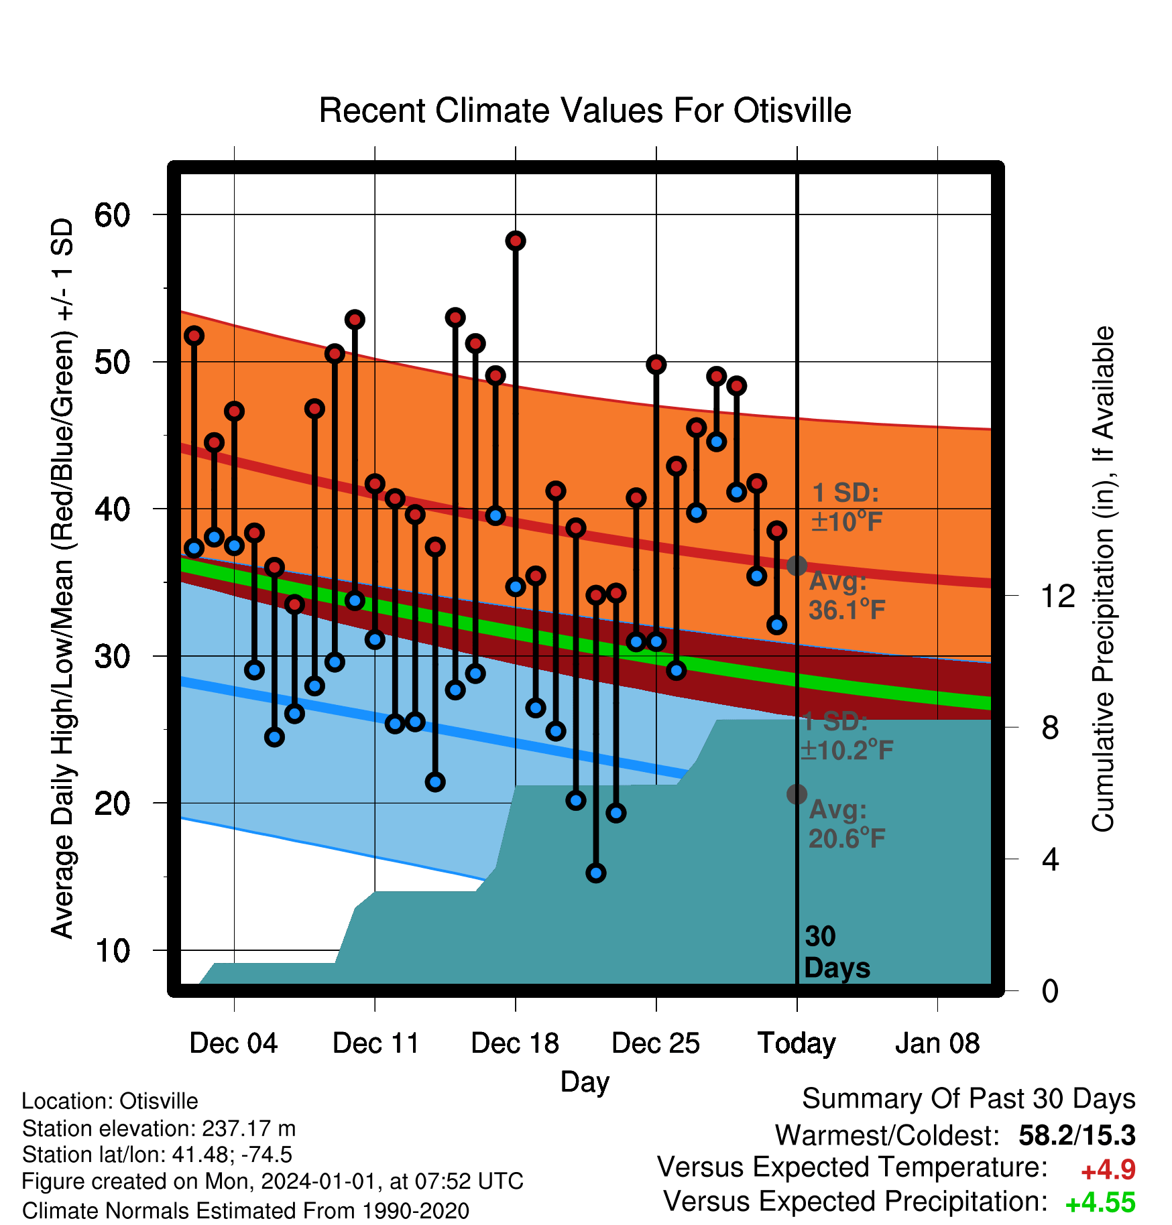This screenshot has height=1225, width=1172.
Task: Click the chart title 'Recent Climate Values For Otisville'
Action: coord(585,111)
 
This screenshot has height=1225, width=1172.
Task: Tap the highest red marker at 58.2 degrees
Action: coord(516,241)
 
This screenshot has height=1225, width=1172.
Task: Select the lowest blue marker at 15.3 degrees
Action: coord(596,873)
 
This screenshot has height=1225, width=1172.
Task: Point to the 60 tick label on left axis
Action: coord(112,215)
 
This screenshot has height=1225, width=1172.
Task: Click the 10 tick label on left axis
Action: coord(112,950)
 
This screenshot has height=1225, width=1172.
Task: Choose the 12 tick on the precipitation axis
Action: coord(1057,596)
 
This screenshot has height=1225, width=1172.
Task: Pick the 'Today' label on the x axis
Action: coord(797,1043)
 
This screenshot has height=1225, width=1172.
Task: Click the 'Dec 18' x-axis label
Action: coord(515,1043)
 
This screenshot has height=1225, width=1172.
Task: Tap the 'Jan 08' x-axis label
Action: coord(937,1043)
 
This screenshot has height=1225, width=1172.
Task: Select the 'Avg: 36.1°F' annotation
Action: coord(847,596)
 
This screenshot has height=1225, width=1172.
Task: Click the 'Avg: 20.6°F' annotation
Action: coord(847,824)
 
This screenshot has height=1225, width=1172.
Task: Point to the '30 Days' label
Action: coord(837,952)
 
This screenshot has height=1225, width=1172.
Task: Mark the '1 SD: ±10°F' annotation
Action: coord(846,507)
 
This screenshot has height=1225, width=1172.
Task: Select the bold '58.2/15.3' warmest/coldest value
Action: coord(1077,1136)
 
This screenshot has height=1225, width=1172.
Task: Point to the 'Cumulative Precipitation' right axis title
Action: coord(1103,579)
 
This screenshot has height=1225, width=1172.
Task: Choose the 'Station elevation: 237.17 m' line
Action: coord(159,1129)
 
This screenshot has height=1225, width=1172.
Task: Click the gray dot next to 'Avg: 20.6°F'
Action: coord(797,794)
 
